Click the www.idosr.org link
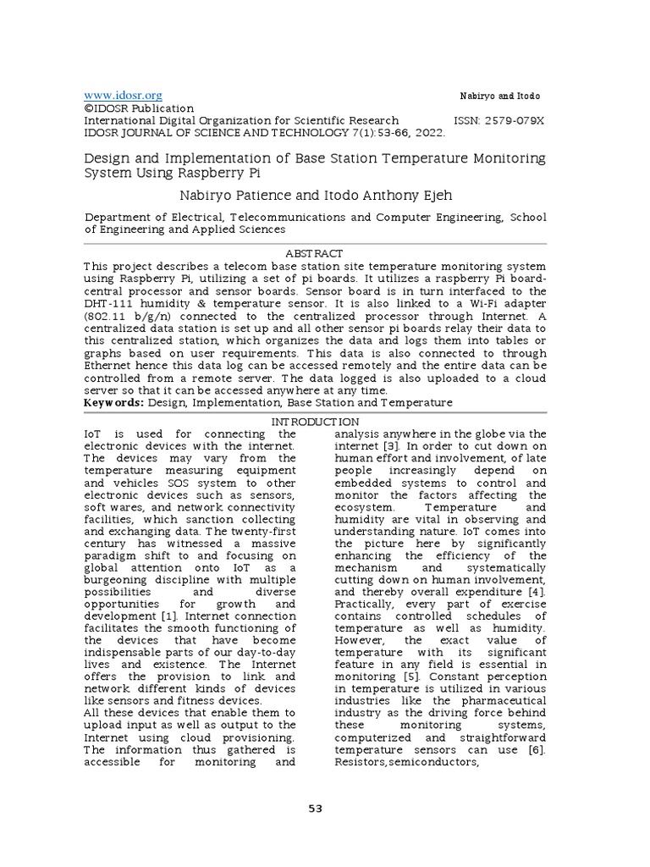123,96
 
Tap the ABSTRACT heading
315,253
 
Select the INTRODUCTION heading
315,422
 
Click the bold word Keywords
113,403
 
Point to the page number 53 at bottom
315,809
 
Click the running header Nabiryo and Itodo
499,97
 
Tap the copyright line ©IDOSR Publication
139,108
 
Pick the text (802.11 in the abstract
106,315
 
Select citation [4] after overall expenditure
537,592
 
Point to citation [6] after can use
536,749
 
